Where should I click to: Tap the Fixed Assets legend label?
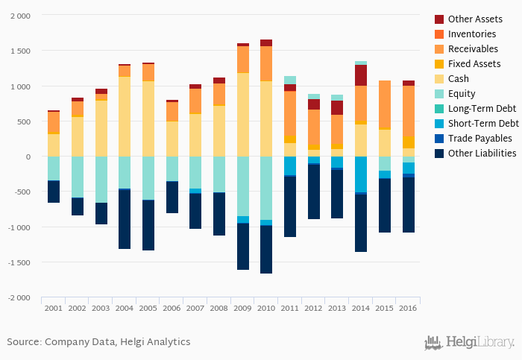(x=474, y=64)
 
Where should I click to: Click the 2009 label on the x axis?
(x=243, y=308)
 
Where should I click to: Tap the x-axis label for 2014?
(x=361, y=308)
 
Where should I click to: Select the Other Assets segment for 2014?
(x=361, y=75)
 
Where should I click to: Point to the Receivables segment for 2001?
(x=54, y=123)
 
